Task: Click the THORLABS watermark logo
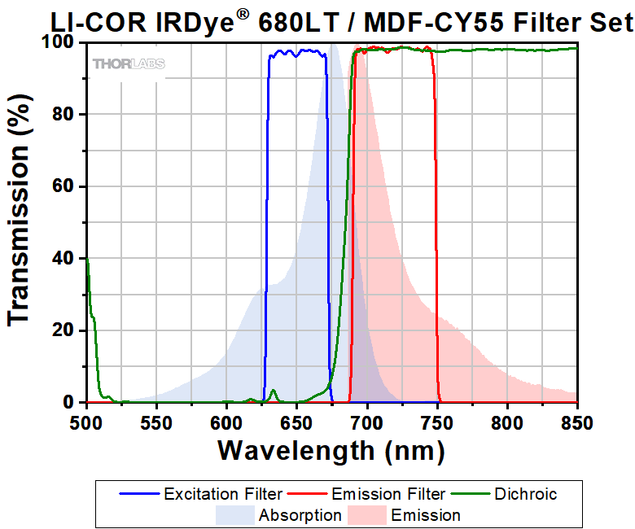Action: (129, 63)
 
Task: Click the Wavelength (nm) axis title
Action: (331, 449)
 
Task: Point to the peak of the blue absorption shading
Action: (332, 46)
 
